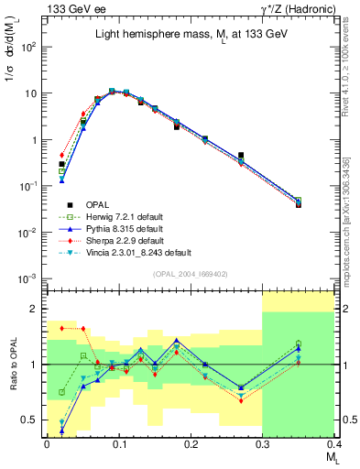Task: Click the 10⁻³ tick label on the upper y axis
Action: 27,278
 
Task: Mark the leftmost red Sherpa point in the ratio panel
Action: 61,327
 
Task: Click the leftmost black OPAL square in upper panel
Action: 61,164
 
